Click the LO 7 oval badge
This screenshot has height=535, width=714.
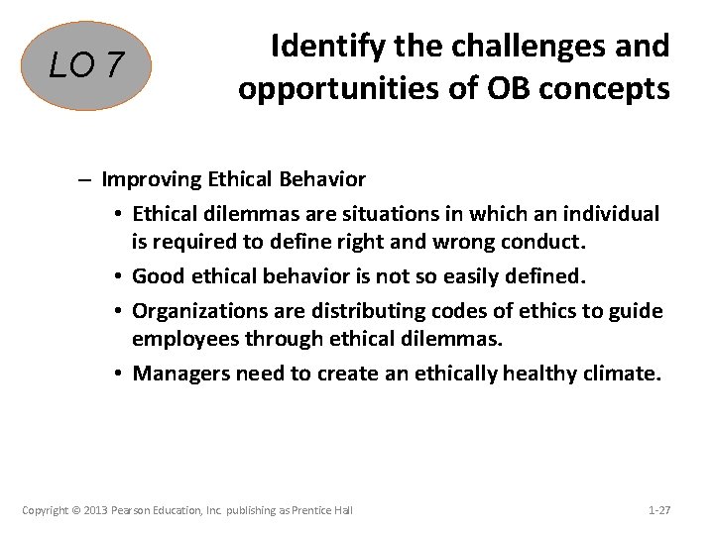88,66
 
